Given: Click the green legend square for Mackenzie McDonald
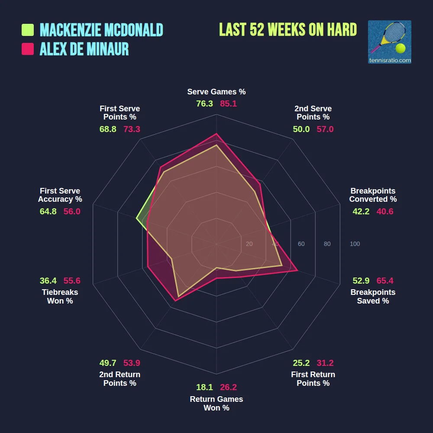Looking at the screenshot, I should click(x=28, y=30).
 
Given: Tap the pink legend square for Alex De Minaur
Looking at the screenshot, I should click(x=28, y=49).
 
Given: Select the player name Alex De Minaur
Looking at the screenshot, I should click(x=84, y=49).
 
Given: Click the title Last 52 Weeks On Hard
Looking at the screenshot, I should click(x=288, y=30).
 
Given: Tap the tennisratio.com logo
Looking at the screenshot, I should click(x=389, y=42).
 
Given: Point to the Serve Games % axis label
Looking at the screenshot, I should click(x=216, y=92).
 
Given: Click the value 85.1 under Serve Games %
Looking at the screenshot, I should click(x=228, y=104).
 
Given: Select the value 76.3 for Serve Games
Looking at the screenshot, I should click(x=204, y=104).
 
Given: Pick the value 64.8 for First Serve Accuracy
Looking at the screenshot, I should click(x=48, y=211).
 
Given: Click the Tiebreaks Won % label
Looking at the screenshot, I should click(x=60, y=297).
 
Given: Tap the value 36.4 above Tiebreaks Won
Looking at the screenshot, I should click(x=48, y=281).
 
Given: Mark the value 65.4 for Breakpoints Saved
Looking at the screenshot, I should click(x=385, y=281).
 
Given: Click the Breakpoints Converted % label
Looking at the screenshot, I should click(x=373, y=195).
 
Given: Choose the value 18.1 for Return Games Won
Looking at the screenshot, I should click(x=204, y=387).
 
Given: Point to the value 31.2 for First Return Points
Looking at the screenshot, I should click(x=325, y=363).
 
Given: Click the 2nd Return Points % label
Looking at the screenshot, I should click(x=120, y=379).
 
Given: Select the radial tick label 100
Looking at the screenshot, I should click(x=355, y=244).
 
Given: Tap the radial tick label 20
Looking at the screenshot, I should click(x=249, y=244).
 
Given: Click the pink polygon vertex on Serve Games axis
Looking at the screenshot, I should click(x=216, y=134).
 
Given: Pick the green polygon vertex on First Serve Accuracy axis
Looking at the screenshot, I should click(x=137, y=219).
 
